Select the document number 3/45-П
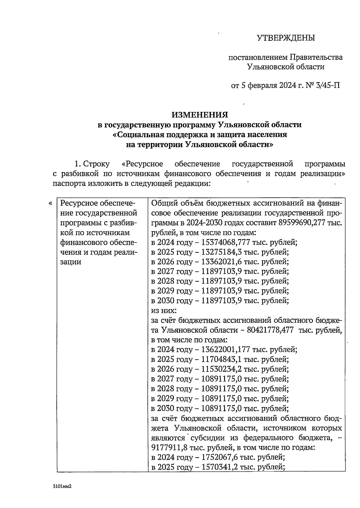(x=328, y=86)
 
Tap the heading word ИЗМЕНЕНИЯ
(x=200, y=115)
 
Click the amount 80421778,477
(x=270, y=330)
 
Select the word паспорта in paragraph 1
(x=69, y=183)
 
